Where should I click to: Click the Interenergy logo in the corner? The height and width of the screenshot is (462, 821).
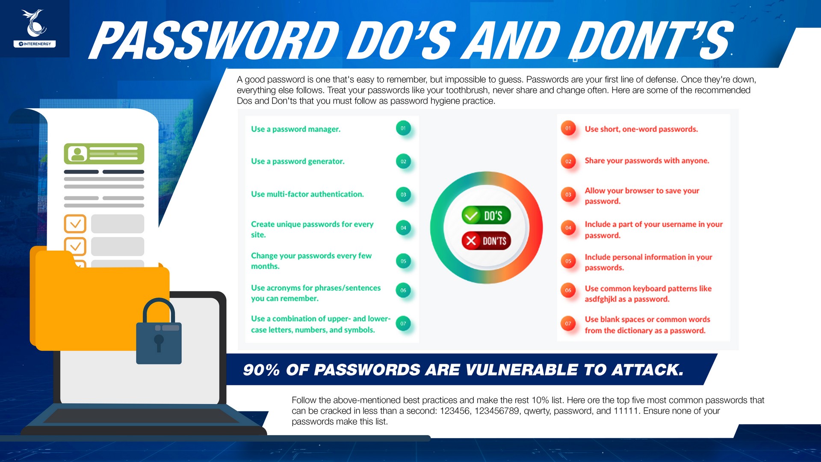35,28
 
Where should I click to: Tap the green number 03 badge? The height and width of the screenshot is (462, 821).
403,194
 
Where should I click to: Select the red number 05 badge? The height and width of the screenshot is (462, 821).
568,261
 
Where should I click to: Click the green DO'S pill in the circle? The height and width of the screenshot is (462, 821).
486,215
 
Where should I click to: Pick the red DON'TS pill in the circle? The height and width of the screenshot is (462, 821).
486,241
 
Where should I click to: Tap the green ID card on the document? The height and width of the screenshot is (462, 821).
104,154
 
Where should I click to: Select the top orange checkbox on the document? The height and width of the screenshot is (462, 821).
75,224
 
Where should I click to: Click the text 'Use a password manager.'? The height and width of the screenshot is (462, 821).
296,129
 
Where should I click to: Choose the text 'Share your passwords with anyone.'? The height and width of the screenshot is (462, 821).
647,161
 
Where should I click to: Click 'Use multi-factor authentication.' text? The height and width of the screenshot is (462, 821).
307,194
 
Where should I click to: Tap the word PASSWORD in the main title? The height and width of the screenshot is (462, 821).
214,40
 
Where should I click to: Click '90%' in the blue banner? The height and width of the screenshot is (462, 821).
261,370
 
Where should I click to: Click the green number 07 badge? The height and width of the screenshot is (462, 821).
403,323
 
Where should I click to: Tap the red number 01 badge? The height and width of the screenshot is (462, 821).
568,128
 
